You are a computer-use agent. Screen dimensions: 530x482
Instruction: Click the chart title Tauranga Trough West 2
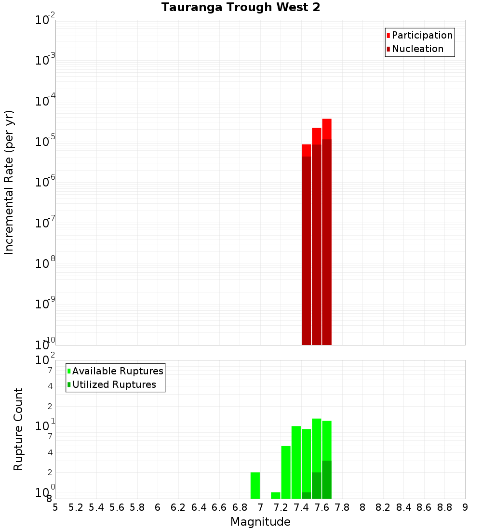point(241,7)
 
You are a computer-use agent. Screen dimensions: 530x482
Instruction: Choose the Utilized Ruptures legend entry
point(114,384)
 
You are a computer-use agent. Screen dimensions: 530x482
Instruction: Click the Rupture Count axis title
point(18,429)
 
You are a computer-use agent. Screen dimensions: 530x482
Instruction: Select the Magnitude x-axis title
point(260,522)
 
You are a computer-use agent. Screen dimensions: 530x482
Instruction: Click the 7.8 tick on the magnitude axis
point(342,507)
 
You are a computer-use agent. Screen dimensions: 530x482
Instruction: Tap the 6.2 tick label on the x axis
point(178,507)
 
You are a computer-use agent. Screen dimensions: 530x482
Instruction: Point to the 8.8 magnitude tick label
point(444,507)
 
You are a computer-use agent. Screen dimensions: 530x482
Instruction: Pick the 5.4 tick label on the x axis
point(96,507)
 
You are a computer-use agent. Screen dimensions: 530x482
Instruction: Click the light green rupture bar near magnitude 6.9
point(255,486)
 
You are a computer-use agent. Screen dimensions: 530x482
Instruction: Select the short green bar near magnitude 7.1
point(276,495)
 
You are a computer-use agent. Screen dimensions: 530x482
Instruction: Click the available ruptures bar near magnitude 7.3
point(296,463)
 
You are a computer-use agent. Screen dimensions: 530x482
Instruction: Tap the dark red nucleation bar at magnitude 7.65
point(327,241)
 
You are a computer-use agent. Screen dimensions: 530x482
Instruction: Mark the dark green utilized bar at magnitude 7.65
point(327,480)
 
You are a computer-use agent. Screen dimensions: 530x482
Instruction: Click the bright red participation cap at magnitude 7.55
point(316,136)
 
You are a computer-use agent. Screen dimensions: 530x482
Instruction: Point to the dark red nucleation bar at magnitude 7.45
point(306,251)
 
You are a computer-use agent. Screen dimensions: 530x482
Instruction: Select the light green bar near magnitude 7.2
point(286,472)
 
